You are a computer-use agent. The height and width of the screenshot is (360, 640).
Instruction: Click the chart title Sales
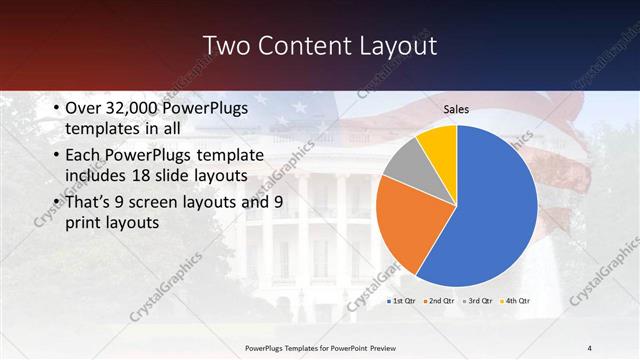click(x=456, y=109)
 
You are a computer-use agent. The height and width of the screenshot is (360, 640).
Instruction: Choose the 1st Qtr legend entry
click(x=404, y=300)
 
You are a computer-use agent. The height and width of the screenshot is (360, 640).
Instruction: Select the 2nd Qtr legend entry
click(x=443, y=300)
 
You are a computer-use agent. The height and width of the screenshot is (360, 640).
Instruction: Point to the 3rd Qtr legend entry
click(x=480, y=300)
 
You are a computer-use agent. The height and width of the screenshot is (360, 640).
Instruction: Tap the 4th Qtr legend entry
click(x=516, y=300)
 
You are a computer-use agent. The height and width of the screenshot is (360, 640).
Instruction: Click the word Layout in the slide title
click(x=396, y=46)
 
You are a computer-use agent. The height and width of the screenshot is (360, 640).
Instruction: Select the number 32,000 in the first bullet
click(x=132, y=109)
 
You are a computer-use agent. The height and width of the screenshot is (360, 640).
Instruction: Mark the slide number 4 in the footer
click(x=589, y=346)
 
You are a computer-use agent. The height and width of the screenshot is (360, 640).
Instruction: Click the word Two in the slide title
click(x=226, y=46)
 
